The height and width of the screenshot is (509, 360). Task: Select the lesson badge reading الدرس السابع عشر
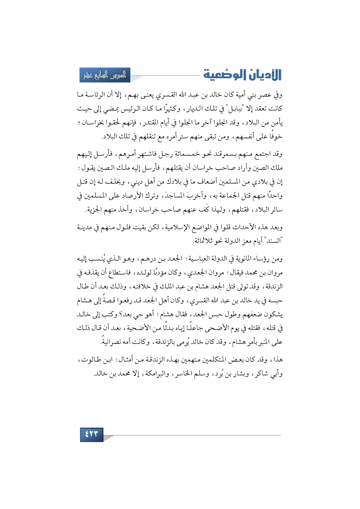[x=105, y=75]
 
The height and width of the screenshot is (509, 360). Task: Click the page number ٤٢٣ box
[x=91, y=434]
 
